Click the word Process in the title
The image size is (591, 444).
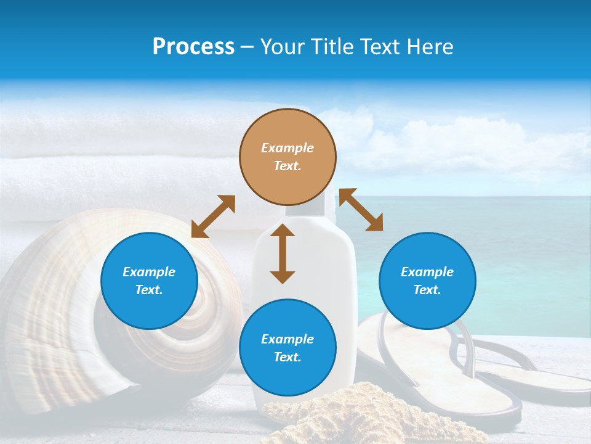[193, 47]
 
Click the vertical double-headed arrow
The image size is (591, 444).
[283, 253]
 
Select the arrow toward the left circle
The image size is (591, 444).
[213, 216]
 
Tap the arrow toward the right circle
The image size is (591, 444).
[361, 210]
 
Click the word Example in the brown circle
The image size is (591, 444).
[287, 148]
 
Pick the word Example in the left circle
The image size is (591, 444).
[149, 272]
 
